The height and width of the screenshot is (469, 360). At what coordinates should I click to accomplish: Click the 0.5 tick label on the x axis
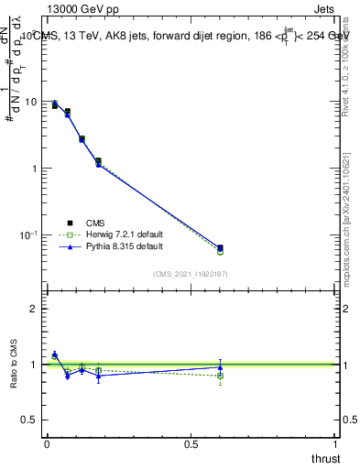pos(191,444)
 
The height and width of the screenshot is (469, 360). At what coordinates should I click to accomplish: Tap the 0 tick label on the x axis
pos(47,444)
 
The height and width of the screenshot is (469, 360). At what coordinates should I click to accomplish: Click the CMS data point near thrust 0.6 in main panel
pos(220,248)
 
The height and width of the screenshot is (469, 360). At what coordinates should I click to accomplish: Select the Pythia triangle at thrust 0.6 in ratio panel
pos(220,367)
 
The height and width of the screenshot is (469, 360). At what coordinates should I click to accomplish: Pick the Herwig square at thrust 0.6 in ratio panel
pos(220,376)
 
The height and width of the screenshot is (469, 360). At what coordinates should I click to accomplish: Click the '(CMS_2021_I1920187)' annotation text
pos(190,274)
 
